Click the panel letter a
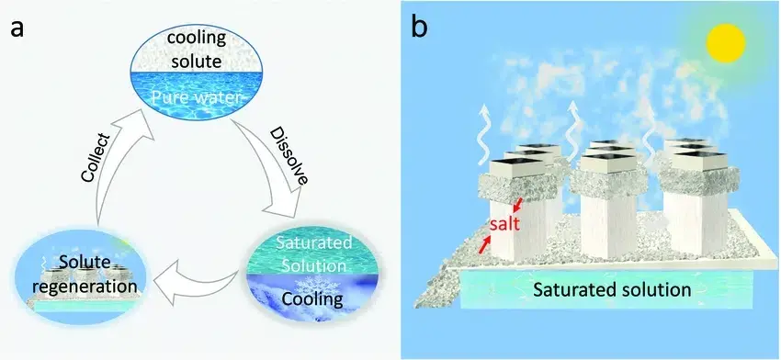click(17, 28)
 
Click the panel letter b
click(419, 28)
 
